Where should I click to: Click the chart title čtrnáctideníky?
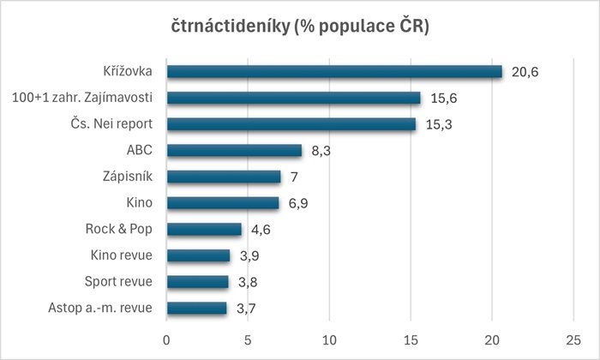[x=300, y=27]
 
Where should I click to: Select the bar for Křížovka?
[x=334, y=72]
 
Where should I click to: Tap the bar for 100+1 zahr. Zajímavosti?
[x=293, y=98]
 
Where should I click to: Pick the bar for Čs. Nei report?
[x=291, y=124]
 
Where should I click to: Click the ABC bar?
[x=234, y=151]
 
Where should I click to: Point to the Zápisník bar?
[x=223, y=177]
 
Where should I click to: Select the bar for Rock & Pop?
[x=204, y=229]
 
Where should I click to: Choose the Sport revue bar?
[x=197, y=282]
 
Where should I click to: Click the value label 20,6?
[x=525, y=72]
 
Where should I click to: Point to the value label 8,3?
[x=321, y=151]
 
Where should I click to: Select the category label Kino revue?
[x=122, y=255]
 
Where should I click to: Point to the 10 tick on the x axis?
[x=329, y=337]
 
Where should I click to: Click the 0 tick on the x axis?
[x=166, y=337]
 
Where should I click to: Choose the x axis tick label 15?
[x=411, y=337]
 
